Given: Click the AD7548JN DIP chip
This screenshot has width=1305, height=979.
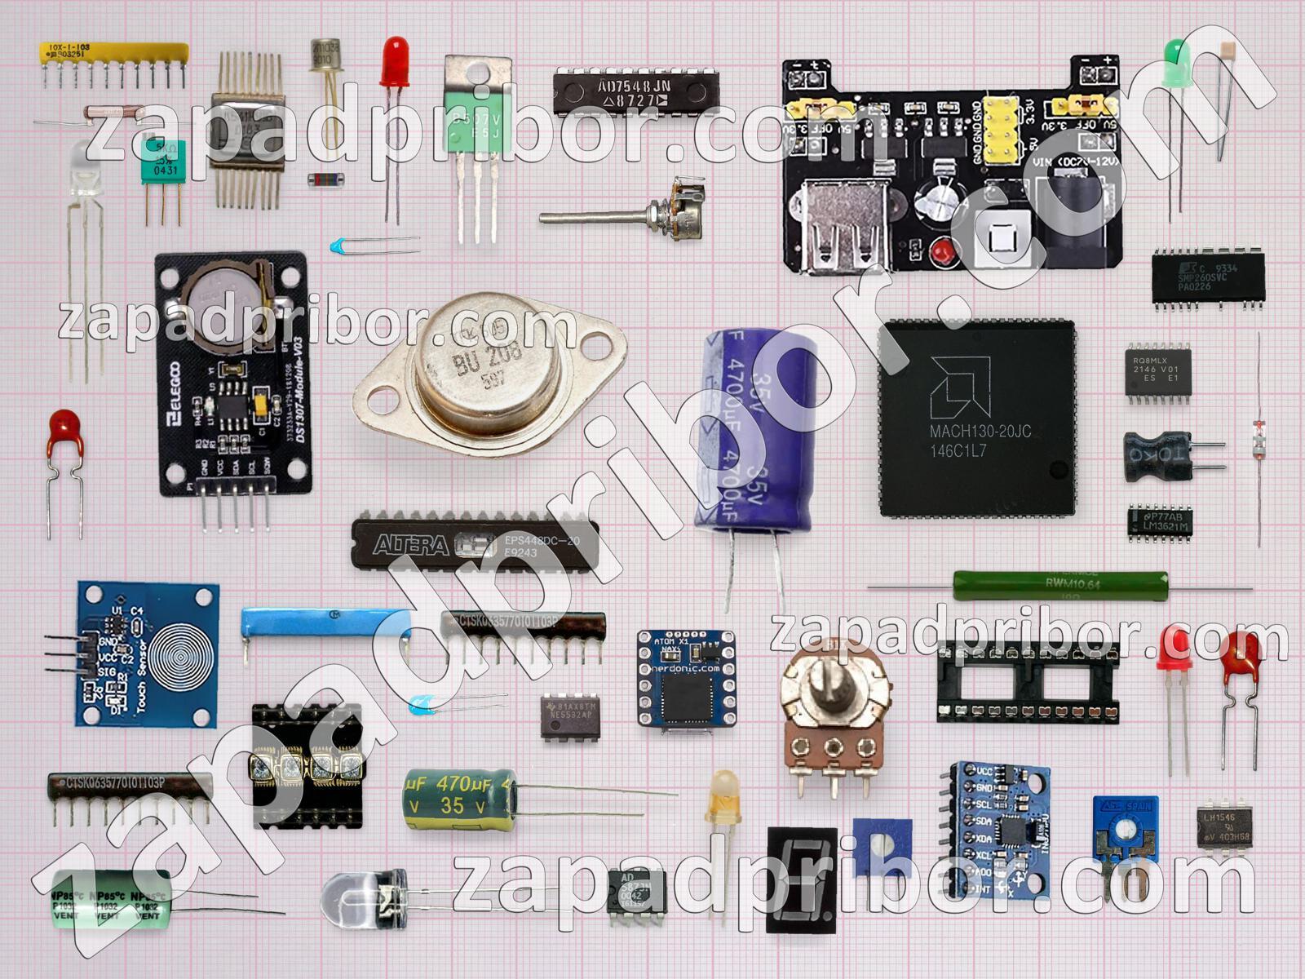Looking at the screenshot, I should coord(635,93).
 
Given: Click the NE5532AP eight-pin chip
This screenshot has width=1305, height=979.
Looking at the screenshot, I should coord(570,717).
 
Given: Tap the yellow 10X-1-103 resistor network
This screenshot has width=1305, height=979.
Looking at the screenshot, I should coord(114,54).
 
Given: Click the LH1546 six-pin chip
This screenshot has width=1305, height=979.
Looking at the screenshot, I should coord(1223,828).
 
